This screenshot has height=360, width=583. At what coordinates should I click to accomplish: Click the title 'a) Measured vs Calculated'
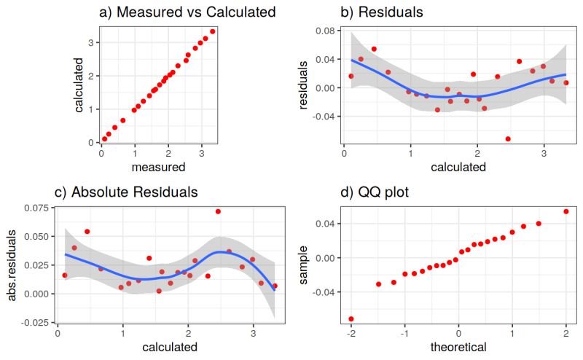click(x=187, y=12)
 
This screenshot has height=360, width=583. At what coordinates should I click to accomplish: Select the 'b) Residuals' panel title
click(x=382, y=12)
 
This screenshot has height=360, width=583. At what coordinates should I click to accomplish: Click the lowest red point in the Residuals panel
click(x=508, y=138)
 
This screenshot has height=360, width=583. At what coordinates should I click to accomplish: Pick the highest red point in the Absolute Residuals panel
click(x=218, y=211)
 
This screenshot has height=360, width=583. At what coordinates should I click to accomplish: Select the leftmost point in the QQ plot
click(x=351, y=318)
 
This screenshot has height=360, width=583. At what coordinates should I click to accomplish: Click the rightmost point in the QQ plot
click(x=566, y=211)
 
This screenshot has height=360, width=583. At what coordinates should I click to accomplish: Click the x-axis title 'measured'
click(x=157, y=168)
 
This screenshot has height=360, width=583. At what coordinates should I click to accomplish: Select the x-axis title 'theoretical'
click(x=458, y=347)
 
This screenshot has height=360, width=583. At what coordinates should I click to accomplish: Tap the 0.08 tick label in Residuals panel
click(x=324, y=31)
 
